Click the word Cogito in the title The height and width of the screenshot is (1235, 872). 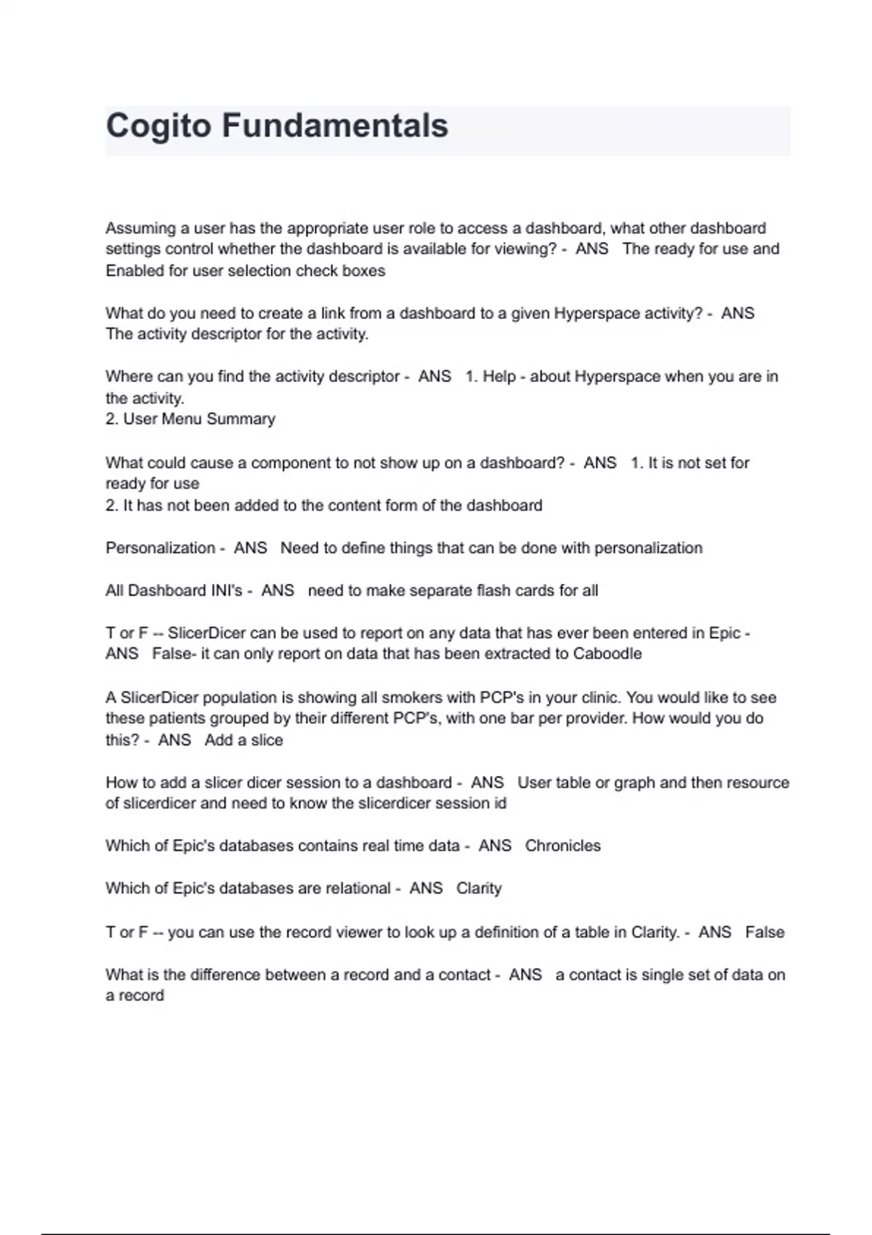click(159, 126)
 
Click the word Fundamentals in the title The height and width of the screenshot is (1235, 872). click(335, 126)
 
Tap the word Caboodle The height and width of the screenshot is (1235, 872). click(607, 654)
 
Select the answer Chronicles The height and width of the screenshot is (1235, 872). click(562, 846)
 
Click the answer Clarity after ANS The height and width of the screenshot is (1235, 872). click(479, 888)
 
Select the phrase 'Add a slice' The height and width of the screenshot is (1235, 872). click(243, 740)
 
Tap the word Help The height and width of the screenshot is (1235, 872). click(499, 377)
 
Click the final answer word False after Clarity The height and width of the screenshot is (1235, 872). click(764, 932)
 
